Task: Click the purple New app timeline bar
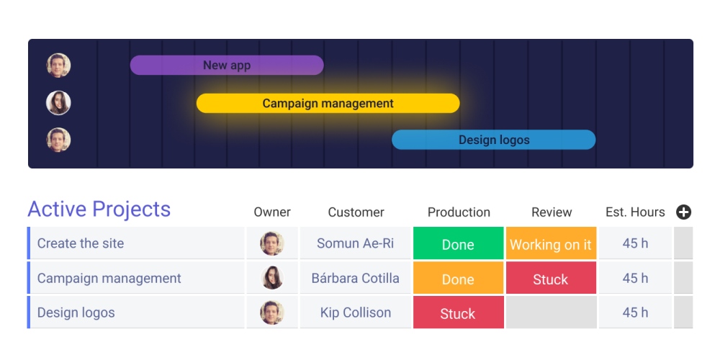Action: pos(227,66)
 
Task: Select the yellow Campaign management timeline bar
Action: pos(328,104)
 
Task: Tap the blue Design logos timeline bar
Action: pos(493,140)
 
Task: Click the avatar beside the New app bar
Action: pos(58,66)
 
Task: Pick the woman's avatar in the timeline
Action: pos(58,103)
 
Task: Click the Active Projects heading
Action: pos(99,210)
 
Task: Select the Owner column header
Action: pos(272,212)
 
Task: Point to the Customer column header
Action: pos(356,212)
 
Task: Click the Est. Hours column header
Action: pos(635,212)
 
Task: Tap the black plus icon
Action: pos(683,212)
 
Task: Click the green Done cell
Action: pos(458,244)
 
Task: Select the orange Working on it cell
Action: pos(551,244)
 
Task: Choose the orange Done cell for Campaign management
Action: pos(458,279)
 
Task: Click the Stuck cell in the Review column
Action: pos(551,279)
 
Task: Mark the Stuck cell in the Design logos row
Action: pos(458,313)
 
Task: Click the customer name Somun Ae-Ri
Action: pos(356,243)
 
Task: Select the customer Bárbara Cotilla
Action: pos(356,278)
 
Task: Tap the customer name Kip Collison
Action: pos(356,312)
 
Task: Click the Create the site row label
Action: pos(81,243)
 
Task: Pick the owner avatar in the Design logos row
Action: pos(272,312)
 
